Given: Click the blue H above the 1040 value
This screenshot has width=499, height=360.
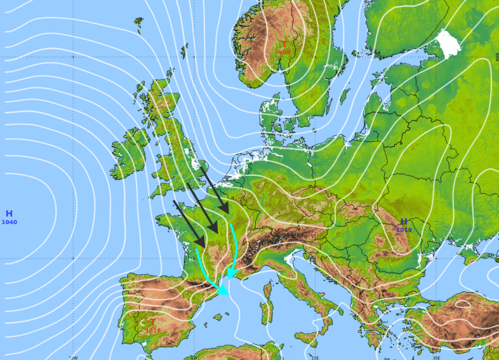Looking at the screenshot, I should tap(9, 214).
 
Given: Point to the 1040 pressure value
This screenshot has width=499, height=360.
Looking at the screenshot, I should tap(10, 222).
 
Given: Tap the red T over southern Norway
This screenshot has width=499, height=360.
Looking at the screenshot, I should tap(284, 44).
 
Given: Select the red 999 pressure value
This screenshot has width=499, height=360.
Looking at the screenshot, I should tap(284, 52).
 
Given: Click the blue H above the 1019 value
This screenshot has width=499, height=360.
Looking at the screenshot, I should tap(404, 222).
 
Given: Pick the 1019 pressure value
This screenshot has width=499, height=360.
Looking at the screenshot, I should tap(404, 230).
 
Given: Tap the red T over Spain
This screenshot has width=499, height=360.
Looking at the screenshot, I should tap(152, 322).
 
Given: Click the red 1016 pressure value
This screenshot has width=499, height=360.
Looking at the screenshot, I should tap(153, 330).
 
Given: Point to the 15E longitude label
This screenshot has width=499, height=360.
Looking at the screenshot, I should tap(315, 357).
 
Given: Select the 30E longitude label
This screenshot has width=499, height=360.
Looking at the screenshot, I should tap(436, 357).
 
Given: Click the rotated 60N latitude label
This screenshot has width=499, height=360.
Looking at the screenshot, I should tap(496, 57).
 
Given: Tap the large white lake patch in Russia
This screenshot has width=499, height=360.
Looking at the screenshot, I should tap(449, 44).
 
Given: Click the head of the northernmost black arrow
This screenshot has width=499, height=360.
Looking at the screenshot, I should tap(227, 211).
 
